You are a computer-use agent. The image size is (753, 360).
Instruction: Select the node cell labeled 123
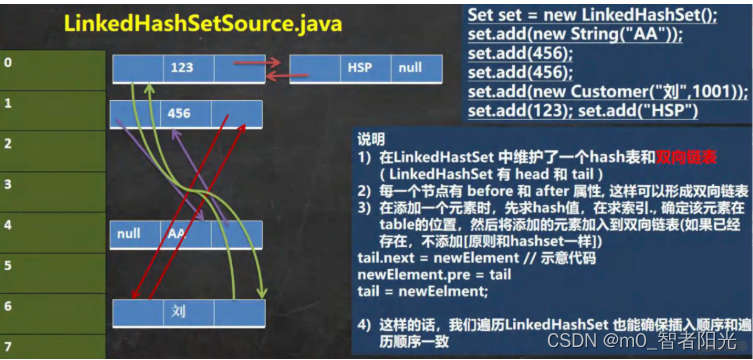click(181, 69)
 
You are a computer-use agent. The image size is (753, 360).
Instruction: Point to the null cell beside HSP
click(410, 69)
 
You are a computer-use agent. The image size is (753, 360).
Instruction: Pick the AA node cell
click(181, 234)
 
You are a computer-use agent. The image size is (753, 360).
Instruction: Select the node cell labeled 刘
click(181, 312)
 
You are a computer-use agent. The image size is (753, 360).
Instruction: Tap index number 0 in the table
click(9, 61)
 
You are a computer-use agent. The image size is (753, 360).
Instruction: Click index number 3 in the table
click(9, 184)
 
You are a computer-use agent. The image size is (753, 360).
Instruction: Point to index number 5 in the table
click(9, 266)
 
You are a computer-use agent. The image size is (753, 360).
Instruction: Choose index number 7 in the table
click(9, 346)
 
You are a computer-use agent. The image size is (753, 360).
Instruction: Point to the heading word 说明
click(371, 140)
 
